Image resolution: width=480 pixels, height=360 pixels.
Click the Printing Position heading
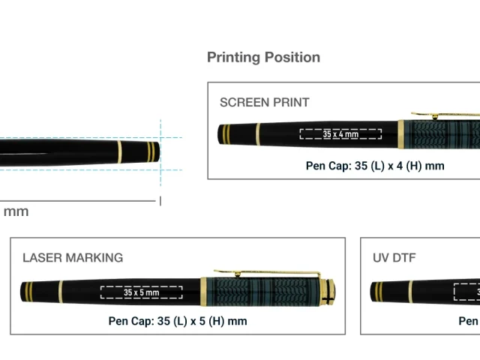coord(263,57)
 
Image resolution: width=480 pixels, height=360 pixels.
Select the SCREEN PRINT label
coord(264,102)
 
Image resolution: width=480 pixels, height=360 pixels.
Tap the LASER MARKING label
coord(73,257)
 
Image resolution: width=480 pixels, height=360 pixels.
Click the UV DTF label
coord(394,257)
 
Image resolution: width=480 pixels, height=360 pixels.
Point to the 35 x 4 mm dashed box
coord(340,134)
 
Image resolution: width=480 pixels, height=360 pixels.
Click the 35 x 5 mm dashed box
coord(142,292)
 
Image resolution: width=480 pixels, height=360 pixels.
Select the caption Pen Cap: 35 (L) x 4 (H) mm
coord(375,166)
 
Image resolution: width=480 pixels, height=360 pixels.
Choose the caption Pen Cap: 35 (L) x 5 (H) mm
coord(178,321)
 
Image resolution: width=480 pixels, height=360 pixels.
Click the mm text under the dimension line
coord(16,211)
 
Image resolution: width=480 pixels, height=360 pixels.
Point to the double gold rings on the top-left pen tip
coord(151,151)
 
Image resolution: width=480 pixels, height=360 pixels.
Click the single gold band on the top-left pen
coord(119,152)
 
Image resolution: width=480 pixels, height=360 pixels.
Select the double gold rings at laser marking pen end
coord(28,291)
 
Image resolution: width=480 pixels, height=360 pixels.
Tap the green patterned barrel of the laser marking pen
coord(262,292)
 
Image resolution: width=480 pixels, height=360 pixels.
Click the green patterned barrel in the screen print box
coord(442,135)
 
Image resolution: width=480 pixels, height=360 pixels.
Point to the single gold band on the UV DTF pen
coord(409,291)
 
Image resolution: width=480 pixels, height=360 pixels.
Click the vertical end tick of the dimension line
coord(160,200)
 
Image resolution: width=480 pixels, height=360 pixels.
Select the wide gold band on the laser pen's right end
coord(327,292)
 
